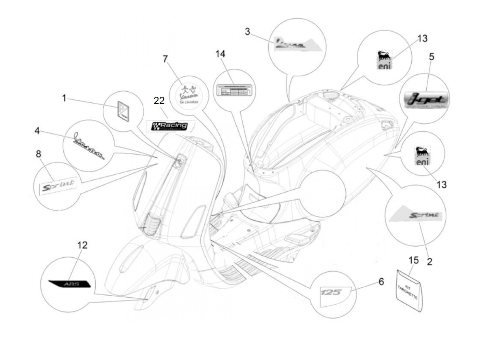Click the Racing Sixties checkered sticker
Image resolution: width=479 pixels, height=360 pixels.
tap(170, 126)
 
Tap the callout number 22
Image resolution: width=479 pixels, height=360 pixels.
tap(159, 101)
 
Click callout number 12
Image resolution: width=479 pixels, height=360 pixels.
tap(82, 245)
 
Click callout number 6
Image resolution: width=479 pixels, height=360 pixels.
tap(381, 282)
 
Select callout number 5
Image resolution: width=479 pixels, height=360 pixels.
tap(431, 56)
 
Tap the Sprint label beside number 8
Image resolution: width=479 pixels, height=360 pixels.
tap(57, 185)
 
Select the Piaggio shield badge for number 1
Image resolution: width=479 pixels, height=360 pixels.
tap(122, 110)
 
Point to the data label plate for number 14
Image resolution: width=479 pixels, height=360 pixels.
tap(234, 90)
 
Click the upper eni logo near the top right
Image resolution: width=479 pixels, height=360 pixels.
tap(384, 60)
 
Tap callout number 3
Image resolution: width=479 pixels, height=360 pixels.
tap(247, 32)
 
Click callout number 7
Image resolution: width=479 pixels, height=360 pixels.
tap(165, 59)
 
